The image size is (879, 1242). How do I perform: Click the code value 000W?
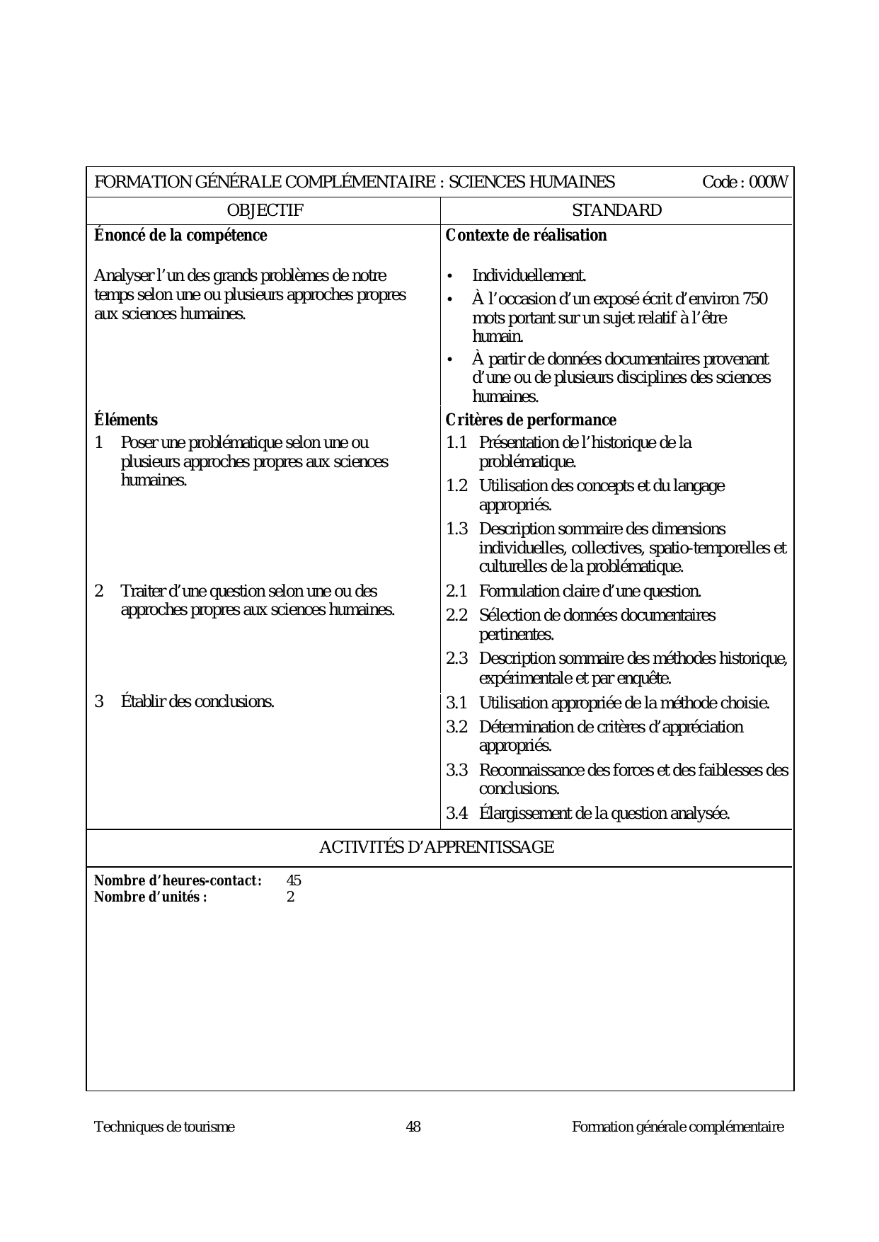(769, 183)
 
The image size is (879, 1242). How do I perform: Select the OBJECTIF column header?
(265, 210)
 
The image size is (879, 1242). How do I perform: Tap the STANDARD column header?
(616, 210)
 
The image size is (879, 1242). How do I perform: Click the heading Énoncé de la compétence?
(180, 236)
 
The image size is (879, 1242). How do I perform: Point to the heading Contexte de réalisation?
(526, 236)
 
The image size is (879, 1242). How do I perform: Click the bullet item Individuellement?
(529, 275)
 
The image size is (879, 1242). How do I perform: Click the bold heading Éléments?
(126, 420)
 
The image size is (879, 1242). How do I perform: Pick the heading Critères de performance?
(531, 420)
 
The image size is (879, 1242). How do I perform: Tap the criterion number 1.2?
(456, 486)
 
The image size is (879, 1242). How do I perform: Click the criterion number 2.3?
(456, 659)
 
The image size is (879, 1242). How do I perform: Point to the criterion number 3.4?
(456, 814)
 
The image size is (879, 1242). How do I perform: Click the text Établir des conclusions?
(197, 702)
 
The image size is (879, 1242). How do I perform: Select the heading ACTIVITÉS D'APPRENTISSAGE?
(436, 847)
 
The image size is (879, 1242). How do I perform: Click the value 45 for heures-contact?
(294, 881)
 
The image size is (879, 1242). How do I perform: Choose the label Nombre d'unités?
(151, 897)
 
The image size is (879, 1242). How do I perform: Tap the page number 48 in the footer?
(413, 1127)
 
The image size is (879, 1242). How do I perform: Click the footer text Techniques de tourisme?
(164, 1127)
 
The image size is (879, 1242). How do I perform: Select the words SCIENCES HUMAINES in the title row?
(532, 183)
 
